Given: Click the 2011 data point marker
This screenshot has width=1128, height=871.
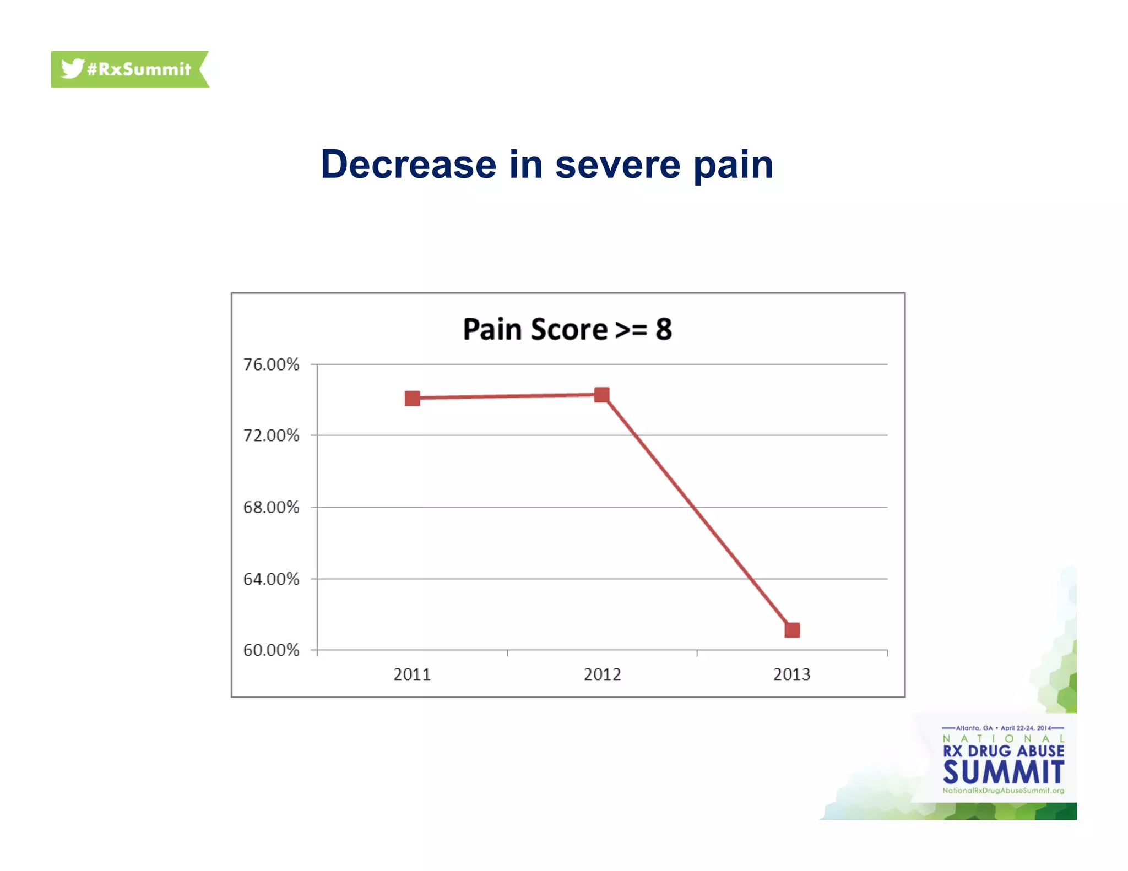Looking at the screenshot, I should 412,398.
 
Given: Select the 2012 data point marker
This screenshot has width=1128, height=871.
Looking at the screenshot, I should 601,395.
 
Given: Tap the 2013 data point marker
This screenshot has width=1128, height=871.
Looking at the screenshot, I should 792,630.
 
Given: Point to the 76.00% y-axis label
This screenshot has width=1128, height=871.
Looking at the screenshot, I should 271,364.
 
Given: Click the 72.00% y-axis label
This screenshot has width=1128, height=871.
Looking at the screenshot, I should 271,435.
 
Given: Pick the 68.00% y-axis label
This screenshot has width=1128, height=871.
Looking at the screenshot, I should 271,507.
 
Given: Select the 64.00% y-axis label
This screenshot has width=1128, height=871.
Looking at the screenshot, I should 271,579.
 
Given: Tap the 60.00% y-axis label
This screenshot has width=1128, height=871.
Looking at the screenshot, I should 271,650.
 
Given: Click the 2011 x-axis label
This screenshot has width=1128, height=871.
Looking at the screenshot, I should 412,674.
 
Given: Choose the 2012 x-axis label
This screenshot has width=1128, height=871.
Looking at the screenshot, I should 602,674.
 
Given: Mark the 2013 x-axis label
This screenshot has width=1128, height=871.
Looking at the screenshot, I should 791,674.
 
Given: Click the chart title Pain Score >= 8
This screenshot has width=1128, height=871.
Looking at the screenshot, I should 567,329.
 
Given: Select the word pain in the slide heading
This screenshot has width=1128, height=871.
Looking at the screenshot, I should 733,165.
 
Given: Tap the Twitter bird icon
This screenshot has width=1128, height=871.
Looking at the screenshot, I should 72,69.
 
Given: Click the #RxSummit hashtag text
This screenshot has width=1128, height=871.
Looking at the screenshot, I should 139,69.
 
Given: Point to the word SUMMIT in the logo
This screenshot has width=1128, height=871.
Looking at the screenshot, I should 1003,772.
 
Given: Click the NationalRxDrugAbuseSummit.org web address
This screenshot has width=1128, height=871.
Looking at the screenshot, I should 1003,791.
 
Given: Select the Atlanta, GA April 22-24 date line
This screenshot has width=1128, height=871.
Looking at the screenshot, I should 1003,728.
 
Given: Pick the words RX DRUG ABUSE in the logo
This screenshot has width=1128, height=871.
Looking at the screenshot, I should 1003,751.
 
